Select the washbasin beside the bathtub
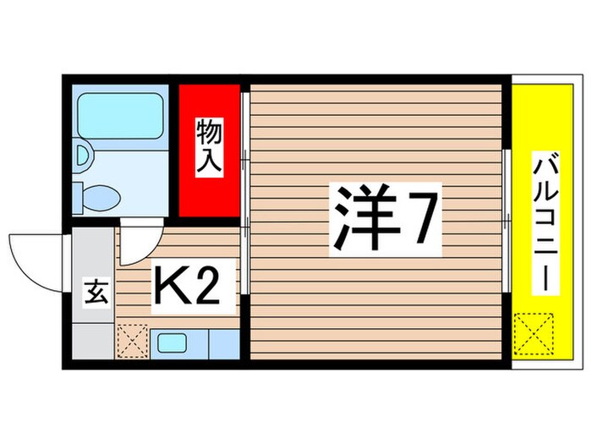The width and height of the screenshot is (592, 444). pyautogui.click(x=83, y=154)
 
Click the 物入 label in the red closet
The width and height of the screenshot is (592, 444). pyautogui.click(x=210, y=148)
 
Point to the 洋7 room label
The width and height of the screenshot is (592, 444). pyautogui.click(x=386, y=219)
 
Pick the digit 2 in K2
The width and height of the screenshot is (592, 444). pyautogui.click(x=209, y=288)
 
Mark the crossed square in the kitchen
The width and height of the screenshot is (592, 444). pyautogui.click(x=131, y=341)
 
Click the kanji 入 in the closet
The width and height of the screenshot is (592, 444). pyautogui.click(x=210, y=163)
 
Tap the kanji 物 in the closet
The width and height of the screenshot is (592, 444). pyautogui.click(x=210, y=133)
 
